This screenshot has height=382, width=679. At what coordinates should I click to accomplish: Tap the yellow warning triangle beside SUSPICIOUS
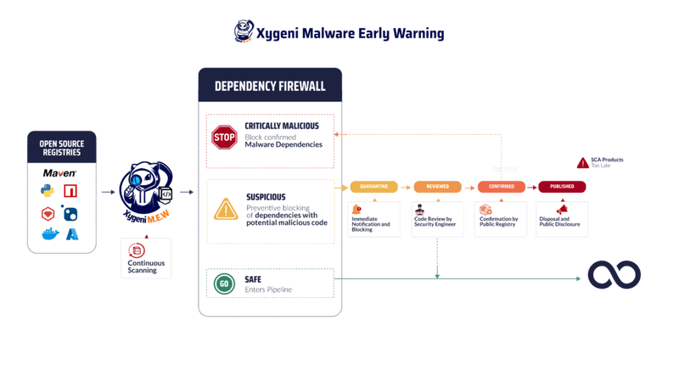[225, 209]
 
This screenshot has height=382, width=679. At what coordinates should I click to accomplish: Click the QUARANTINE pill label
[374, 187]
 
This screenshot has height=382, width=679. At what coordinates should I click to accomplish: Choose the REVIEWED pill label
[437, 187]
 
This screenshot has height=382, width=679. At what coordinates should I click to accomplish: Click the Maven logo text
[61, 173]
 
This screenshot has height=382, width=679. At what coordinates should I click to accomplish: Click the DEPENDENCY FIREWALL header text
[270, 87]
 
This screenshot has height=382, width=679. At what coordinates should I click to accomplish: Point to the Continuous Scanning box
[146, 260]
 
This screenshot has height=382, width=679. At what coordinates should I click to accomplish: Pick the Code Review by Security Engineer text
[436, 225]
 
